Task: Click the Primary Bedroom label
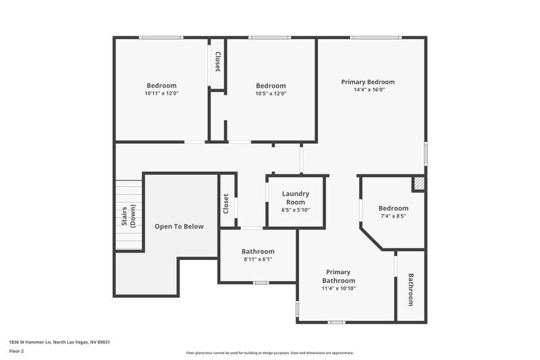(x=367, y=82)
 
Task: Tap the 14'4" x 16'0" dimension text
(x=367, y=90)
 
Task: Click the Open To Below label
(x=179, y=226)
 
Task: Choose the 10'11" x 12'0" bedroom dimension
(x=161, y=94)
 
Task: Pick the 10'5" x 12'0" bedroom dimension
(x=271, y=94)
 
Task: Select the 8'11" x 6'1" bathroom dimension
(x=258, y=259)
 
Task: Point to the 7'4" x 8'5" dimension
(x=393, y=217)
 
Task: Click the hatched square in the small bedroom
(x=419, y=183)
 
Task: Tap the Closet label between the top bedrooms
(x=218, y=62)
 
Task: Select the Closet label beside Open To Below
(x=226, y=205)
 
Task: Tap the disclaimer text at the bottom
(x=270, y=353)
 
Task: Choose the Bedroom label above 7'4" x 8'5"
(x=393, y=208)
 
